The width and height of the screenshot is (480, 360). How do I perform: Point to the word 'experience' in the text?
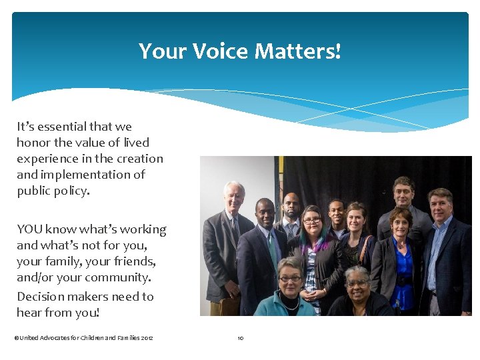coord(49,159)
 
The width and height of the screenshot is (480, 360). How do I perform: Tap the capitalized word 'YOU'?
coord(30,229)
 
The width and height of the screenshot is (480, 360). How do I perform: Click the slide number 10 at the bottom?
coord(241,338)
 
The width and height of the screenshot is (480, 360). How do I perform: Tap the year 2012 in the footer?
coord(147,338)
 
